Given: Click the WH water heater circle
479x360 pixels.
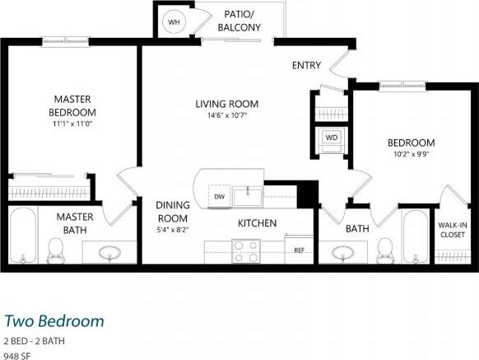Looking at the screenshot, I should (x=174, y=22).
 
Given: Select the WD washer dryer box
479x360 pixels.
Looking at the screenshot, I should (x=331, y=137).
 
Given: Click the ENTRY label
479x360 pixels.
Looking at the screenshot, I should (x=306, y=66).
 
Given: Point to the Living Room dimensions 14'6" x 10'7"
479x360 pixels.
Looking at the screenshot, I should (x=226, y=115).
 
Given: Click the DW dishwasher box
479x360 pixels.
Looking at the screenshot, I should (x=220, y=196).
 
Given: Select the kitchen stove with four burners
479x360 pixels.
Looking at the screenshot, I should (x=246, y=250).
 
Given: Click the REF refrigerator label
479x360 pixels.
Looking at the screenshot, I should (x=299, y=249).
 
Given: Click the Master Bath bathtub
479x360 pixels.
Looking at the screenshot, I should (x=23, y=235).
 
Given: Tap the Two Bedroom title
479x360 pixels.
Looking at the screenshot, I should (x=54, y=320).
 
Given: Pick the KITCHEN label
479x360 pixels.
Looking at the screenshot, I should (x=257, y=223).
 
